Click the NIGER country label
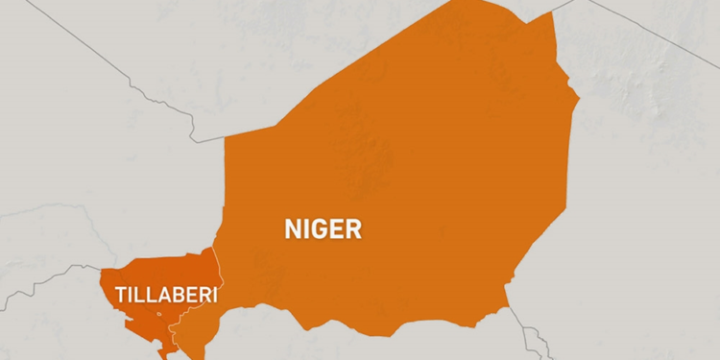pyautogui.click(x=323, y=228)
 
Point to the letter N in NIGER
pyautogui.click(x=292, y=228)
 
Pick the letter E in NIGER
pyautogui.click(x=337, y=228)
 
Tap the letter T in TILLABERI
pyautogui.click(x=121, y=295)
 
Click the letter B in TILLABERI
pyautogui.click(x=177, y=295)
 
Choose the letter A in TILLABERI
pyautogui.click(x=161, y=295)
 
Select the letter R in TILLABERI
pyautogui.click(x=204, y=295)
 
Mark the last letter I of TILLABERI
pyautogui.click(x=214, y=295)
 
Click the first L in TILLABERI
pyautogui.click(x=138, y=295)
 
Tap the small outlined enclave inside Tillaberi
pyautogui.click(x=159, y=314)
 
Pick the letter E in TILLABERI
pyautogui.click(x=189, y=295)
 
